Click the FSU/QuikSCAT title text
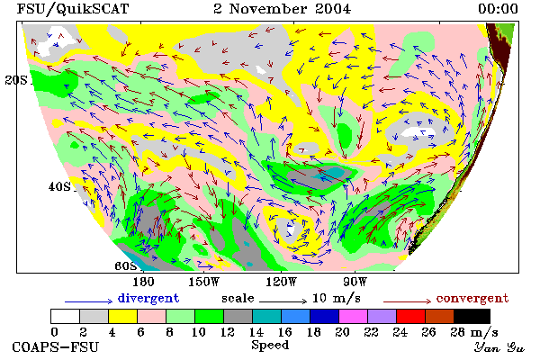click(73, 9)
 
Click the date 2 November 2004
click(282, 8)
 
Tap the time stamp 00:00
click(498, 8)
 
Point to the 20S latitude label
click(16, 80)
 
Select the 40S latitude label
click(59, 186)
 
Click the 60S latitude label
click(126, 265)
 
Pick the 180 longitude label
click(143, 282)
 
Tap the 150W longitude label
click(204, 282)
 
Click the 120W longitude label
click(281, 282)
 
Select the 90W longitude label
click(355, 282)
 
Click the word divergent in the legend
click(148, 298)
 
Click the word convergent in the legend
click(472, 298)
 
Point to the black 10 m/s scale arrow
click(283, 301)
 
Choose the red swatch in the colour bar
click(410, 316)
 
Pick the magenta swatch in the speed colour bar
click(353, 316)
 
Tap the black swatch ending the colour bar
click(472, 316)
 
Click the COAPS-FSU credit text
click(56, 346)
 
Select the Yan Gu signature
click(499, 347)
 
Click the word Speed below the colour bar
click(270, 346)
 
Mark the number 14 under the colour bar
click(256, 332)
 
